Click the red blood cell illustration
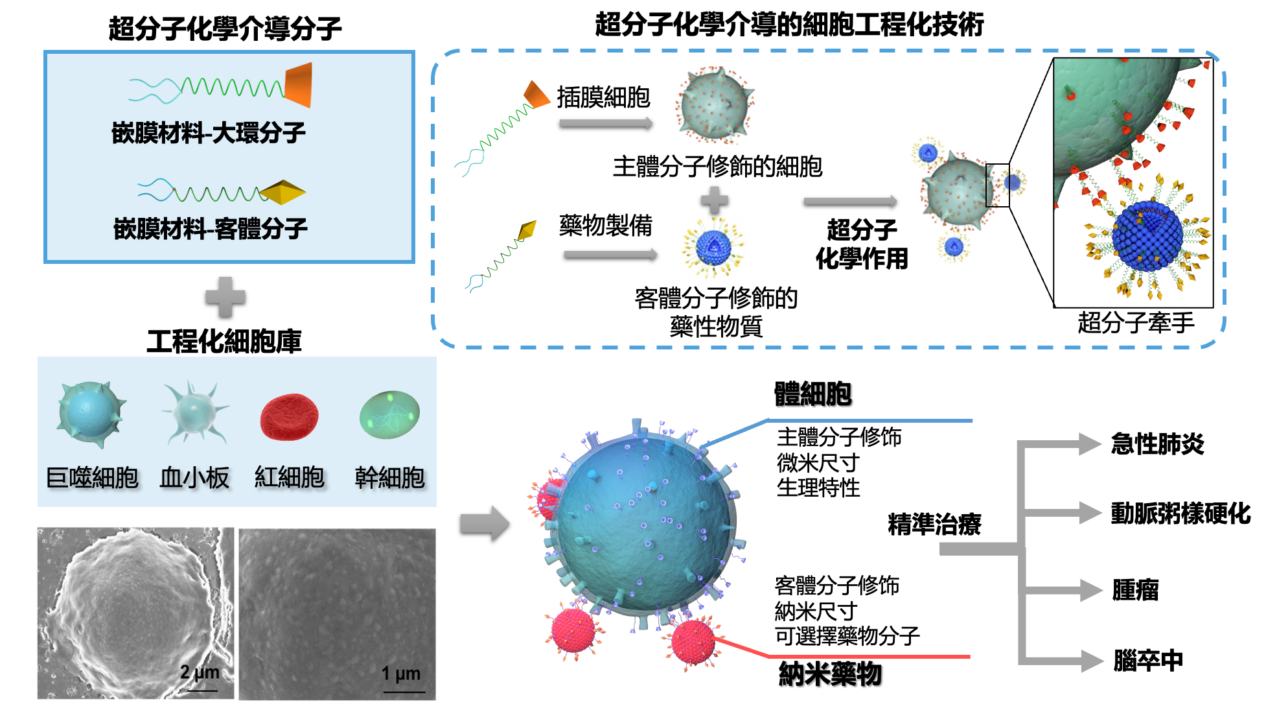tap(289, 417)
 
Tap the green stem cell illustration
tap(389, 414)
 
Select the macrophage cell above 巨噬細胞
tap(90, 414)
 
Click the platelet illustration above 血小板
tap(194, 413)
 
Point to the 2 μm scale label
tap(200, 672)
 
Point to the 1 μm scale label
tap(400, 674)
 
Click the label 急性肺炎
tap(1157, 444)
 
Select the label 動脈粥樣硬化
tap(1180, 513)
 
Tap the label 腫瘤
tap(1135, 590)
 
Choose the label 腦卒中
tap(1148, 660)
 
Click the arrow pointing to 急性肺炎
tap(1060, 444)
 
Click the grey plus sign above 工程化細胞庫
tap(225, 297)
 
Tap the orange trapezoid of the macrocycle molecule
tap(299, 85)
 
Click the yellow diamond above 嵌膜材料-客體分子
tap(282, 193)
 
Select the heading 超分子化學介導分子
tap(225, 29)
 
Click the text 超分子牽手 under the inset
tap(1136, 322)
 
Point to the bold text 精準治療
tap(934, 524)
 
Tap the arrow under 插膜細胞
tap(606, 123)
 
